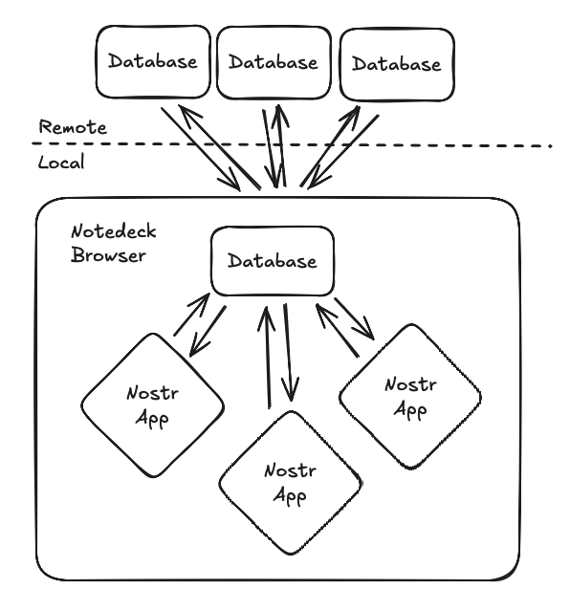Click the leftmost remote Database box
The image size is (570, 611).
coord(153,62)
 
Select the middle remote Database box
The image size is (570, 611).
coord(274,63)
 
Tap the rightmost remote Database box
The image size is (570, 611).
coord(397,65)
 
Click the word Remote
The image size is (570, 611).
coord(73,127)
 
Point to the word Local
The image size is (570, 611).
coord(61,162)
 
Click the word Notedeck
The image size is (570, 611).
coord(114,231)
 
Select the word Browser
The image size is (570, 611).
coord(108,255)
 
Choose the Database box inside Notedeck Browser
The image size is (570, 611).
coord(273,261)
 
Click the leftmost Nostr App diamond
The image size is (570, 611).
coord(153,405)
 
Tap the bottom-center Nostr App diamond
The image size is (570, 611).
coord(291,483)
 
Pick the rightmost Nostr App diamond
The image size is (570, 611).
coord(410,397)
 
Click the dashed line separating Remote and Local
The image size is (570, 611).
coord(292,145)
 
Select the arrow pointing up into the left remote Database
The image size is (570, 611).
coord(219,147)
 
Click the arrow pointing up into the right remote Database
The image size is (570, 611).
coord(330,146)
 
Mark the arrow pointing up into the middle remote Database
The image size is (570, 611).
coord(281,145)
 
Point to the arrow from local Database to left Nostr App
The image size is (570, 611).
coord(207,331)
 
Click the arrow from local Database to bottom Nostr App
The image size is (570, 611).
coord(288,352)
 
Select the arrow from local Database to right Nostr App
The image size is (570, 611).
coord(355,319)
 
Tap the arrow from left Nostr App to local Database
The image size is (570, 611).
coord(192,315)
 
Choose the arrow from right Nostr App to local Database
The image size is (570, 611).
coord(338,331)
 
